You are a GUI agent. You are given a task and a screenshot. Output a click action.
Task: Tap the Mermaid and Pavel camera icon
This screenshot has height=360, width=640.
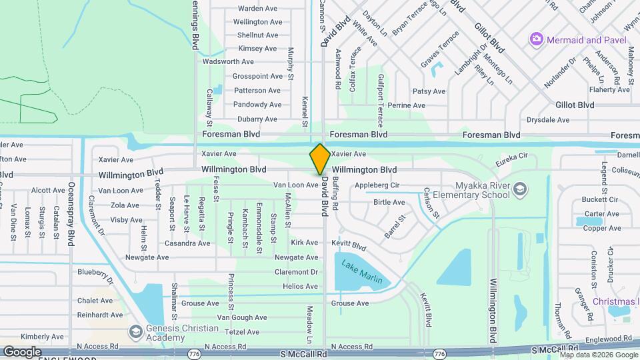(x=537, y=40)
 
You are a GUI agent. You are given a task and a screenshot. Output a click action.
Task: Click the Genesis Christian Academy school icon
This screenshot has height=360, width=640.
(x=135, y=331)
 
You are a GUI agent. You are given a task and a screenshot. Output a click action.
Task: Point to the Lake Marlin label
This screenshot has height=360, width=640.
(x=362, y=272)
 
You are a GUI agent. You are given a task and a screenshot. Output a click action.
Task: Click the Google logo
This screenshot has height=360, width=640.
(x=22, y=352)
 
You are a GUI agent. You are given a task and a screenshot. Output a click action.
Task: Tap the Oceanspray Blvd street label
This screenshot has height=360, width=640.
(x=71, y=215)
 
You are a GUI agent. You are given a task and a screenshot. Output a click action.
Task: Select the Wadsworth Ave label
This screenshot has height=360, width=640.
(x=230, y=62)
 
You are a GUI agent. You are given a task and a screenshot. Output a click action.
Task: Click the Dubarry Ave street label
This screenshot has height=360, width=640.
(x=257, y=119)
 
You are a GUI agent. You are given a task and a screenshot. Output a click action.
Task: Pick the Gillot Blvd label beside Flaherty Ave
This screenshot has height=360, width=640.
(x=575, y=105)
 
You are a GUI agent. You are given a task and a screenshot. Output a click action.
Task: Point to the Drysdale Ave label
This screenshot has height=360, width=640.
(x=548, y=120)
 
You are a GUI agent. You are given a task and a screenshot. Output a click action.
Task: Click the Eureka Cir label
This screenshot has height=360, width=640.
(x=512, y=162)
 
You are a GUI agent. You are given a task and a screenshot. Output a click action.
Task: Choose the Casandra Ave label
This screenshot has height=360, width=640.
(x=189, y=243)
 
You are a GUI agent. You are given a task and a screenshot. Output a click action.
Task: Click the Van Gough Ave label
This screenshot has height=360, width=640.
(x=242, y=318)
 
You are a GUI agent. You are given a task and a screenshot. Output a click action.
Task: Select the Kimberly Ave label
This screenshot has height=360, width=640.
(x=41, y=337)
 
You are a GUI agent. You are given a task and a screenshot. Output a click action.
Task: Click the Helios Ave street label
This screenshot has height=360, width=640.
(x=300, y=287)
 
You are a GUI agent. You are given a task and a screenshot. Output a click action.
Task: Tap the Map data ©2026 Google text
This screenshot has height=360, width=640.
(x=599, y=354)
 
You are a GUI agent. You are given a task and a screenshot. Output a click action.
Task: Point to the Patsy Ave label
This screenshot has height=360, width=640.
(x=429, y=91)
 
